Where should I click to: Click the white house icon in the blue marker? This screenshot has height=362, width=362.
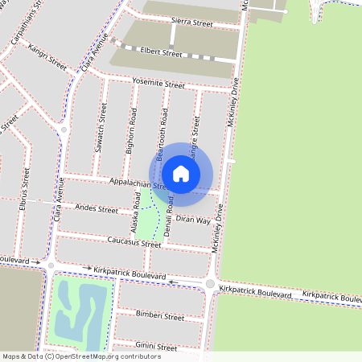click(x=181, y=173)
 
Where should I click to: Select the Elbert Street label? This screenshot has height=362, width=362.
click(x=161, y=54)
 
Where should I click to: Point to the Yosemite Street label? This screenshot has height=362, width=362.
click(x=161, y=85)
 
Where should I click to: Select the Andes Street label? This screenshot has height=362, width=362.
click(x=96, y=209)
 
